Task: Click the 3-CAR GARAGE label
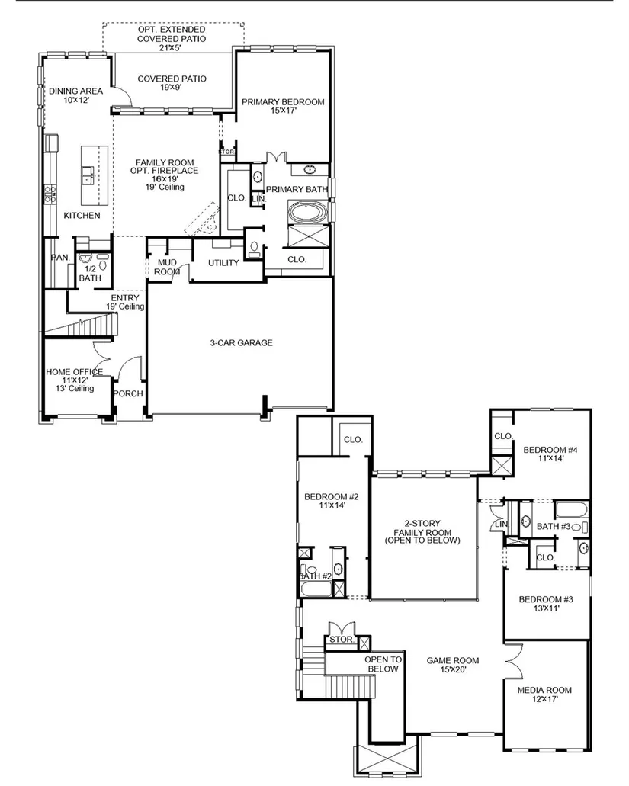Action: [x=241, y=343]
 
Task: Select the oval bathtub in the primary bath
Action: [x=308, y=212]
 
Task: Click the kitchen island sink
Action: [x=88, y=175]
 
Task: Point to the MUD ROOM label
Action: [x=167, y=267]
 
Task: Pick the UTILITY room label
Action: [x=223, y=263]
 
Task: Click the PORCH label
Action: [x=128, y=394]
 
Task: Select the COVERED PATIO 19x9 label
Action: [x=172, y=82]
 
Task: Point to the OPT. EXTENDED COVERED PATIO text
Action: [x=172, y=34]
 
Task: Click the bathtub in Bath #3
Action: [x=571, y=511]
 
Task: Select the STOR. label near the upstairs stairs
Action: [x=342, y=640]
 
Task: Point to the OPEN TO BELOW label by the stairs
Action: [x=383, y=665]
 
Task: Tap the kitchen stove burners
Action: [x=50, y=194]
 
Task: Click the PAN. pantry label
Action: [x=61, y=258]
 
